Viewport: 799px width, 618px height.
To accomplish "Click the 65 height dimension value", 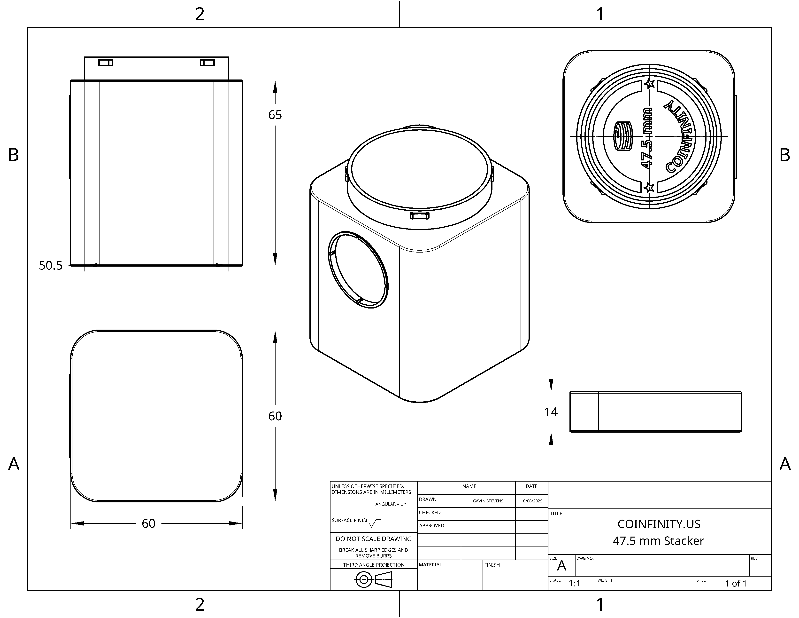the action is [275, 115].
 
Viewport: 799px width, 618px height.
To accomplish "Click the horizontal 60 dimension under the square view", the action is [148, 523].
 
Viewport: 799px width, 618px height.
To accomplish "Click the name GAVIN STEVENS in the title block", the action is [488, 501].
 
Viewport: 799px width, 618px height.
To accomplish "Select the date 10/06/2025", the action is [531, 501].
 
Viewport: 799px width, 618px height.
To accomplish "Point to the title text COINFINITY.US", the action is [659, 524].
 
